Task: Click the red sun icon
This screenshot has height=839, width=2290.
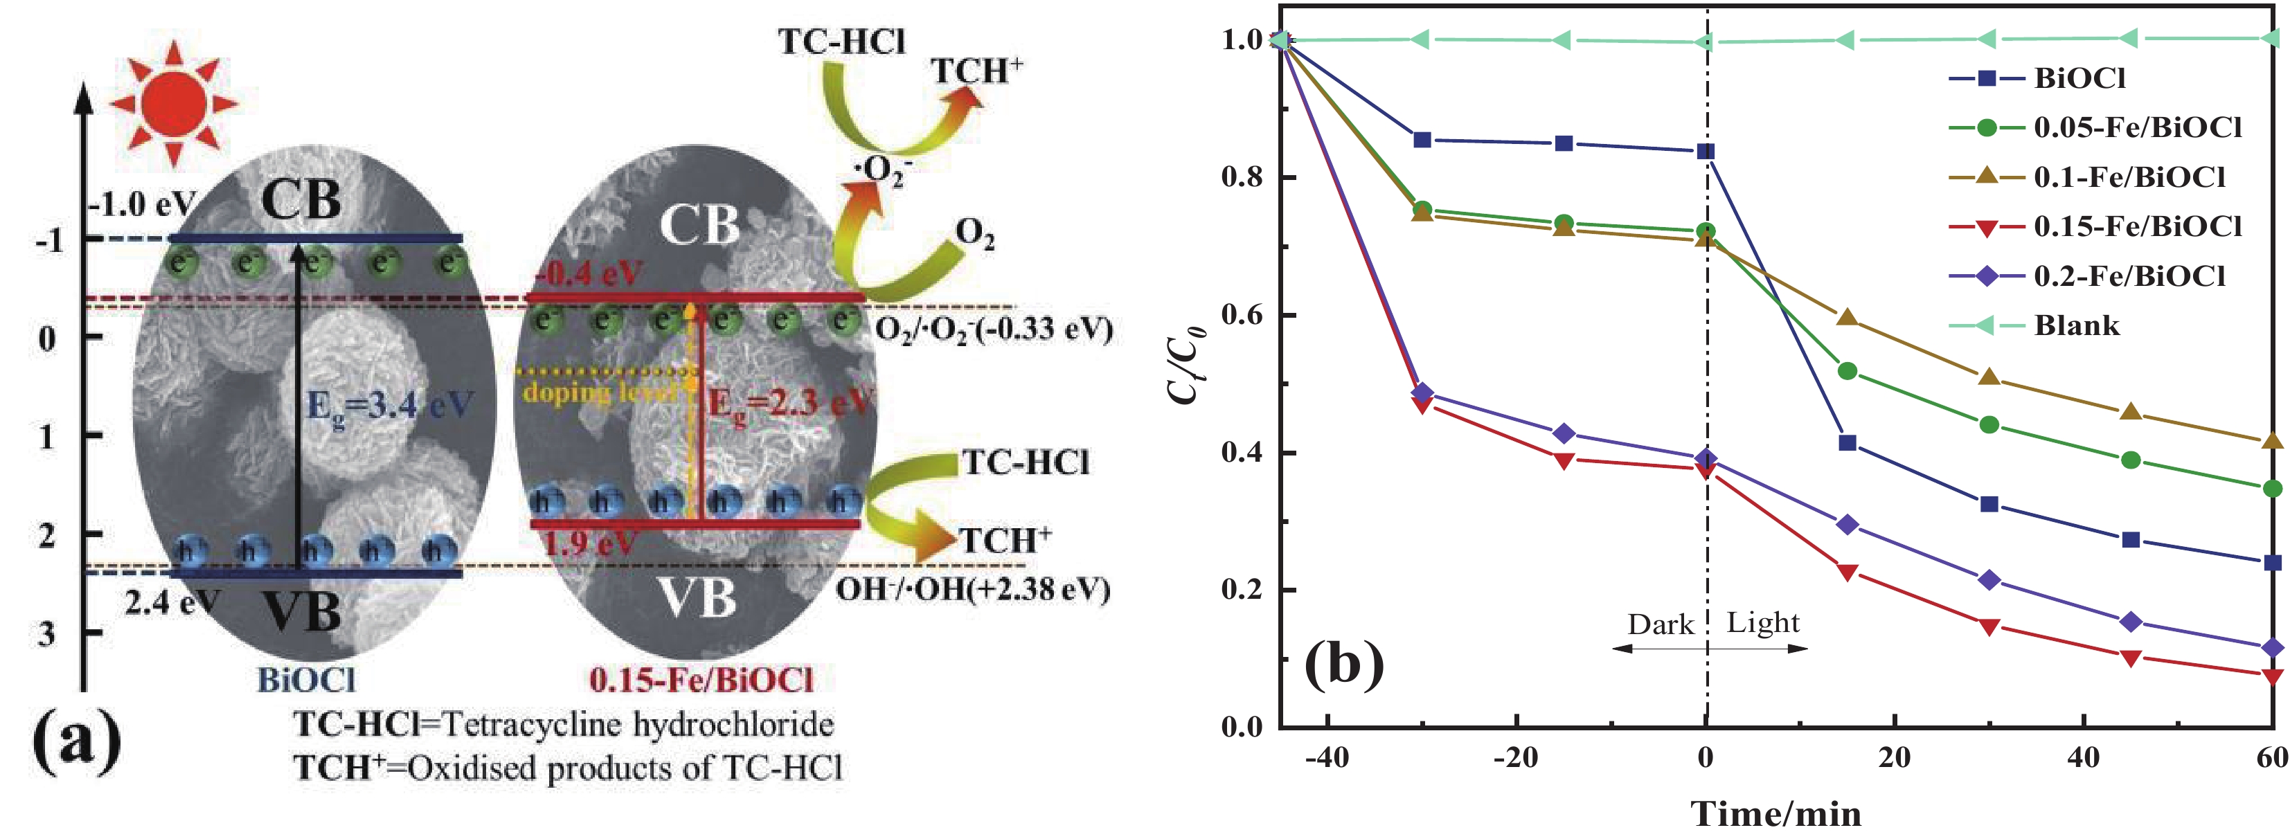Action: [x=173, y=102]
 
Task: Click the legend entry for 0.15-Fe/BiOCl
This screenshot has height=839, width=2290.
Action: [x=2137, y=226]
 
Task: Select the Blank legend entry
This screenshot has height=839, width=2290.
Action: [x=2077, y=325]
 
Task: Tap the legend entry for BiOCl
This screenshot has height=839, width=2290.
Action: [x=2079, y=78]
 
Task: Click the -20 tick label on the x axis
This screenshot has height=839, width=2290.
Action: [x=1516, y=758]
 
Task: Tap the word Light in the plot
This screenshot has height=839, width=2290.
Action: [x=1763, y=623]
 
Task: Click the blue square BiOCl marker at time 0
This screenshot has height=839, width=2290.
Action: [x=1705, y=151]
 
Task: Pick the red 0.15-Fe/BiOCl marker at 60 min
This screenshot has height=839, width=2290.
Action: [x=2272, y=676]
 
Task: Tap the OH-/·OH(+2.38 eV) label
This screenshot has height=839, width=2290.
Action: [x=972, y=588]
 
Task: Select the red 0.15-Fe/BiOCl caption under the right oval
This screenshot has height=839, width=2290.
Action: [x=701, y=680]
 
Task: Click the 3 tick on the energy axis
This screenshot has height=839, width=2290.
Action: [x=46, y=633]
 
